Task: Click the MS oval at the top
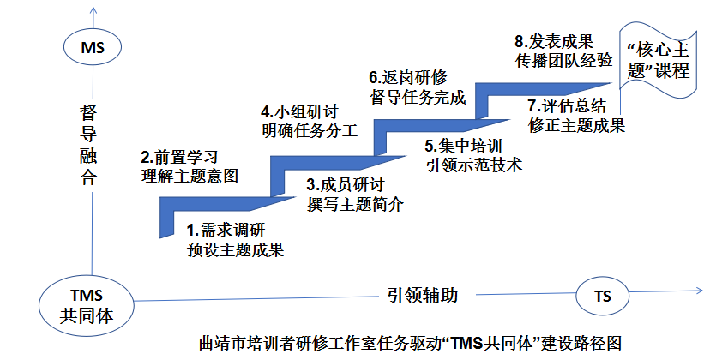point(92,48)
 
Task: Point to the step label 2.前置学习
point(178,157)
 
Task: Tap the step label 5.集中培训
point(468,145)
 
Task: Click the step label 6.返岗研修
point(409,76)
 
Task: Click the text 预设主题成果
point(236,250)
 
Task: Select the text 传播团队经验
point(563,60)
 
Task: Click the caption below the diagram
point(417,344)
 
